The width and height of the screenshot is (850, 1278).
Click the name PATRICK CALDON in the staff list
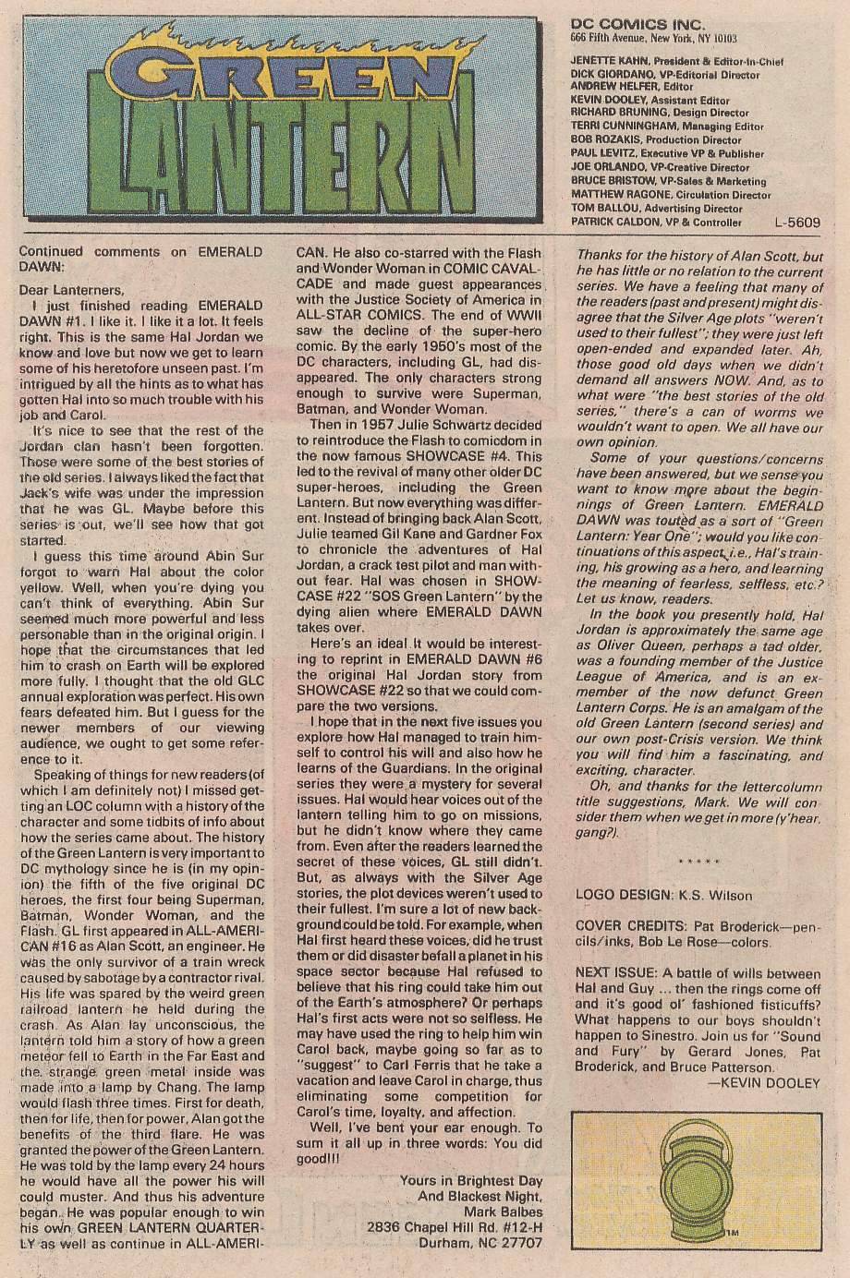615,223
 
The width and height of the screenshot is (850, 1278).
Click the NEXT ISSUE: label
617,974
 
